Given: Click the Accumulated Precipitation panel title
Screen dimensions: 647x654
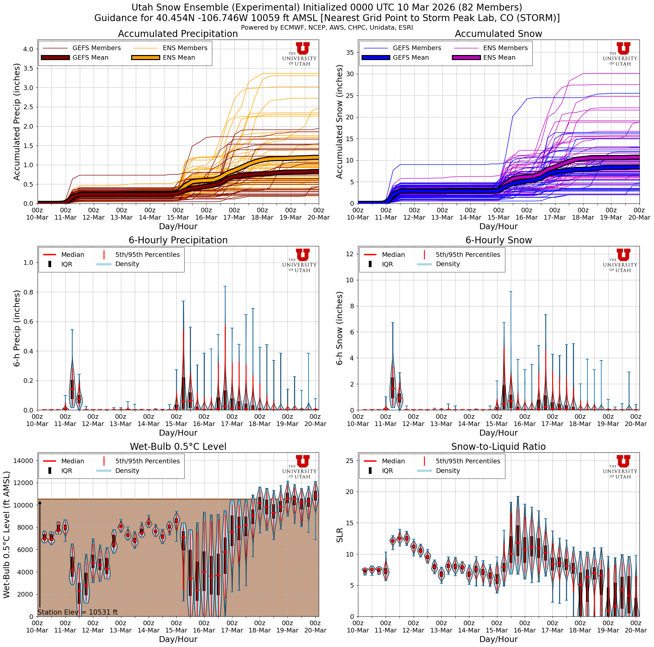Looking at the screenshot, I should [178, 34].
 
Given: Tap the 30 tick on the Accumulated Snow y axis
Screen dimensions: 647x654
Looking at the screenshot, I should [350, 74].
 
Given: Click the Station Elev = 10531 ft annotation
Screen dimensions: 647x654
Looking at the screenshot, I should [77, 612].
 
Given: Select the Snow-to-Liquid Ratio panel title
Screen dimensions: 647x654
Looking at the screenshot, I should [498, 447].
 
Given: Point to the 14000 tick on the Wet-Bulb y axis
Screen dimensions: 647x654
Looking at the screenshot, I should [23, 460].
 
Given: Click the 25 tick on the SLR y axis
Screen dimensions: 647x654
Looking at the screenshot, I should [350, 460].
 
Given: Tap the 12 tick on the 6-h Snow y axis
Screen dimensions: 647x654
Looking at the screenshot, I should [350, 254].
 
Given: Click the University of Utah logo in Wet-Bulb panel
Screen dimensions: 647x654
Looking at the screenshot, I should [300, 467].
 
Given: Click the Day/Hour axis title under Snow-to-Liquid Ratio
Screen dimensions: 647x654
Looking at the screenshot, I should [498, 639].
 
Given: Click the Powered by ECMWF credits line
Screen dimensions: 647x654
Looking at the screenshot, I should [327, 27].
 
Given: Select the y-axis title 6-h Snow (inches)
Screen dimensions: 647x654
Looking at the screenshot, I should [340, 328].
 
